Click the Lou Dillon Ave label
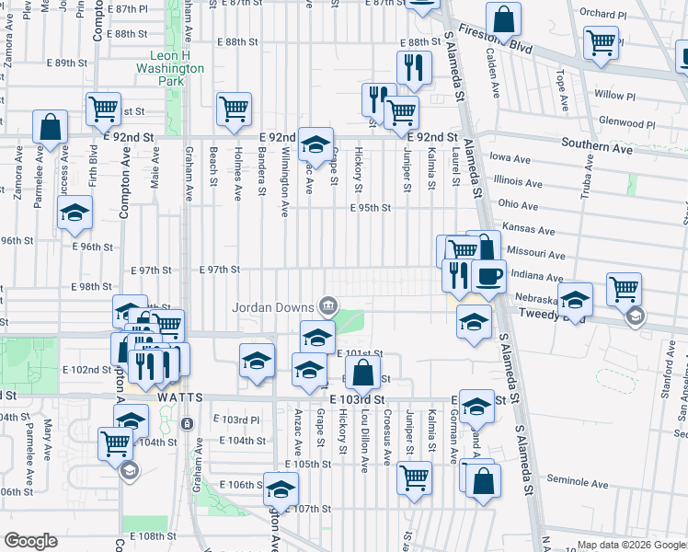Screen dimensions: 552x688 tap(364, 441)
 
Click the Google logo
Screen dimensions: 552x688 tap(30, 541)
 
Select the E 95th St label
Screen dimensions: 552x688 tap(371, 208)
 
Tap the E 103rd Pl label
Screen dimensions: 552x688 tap(241, 420)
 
